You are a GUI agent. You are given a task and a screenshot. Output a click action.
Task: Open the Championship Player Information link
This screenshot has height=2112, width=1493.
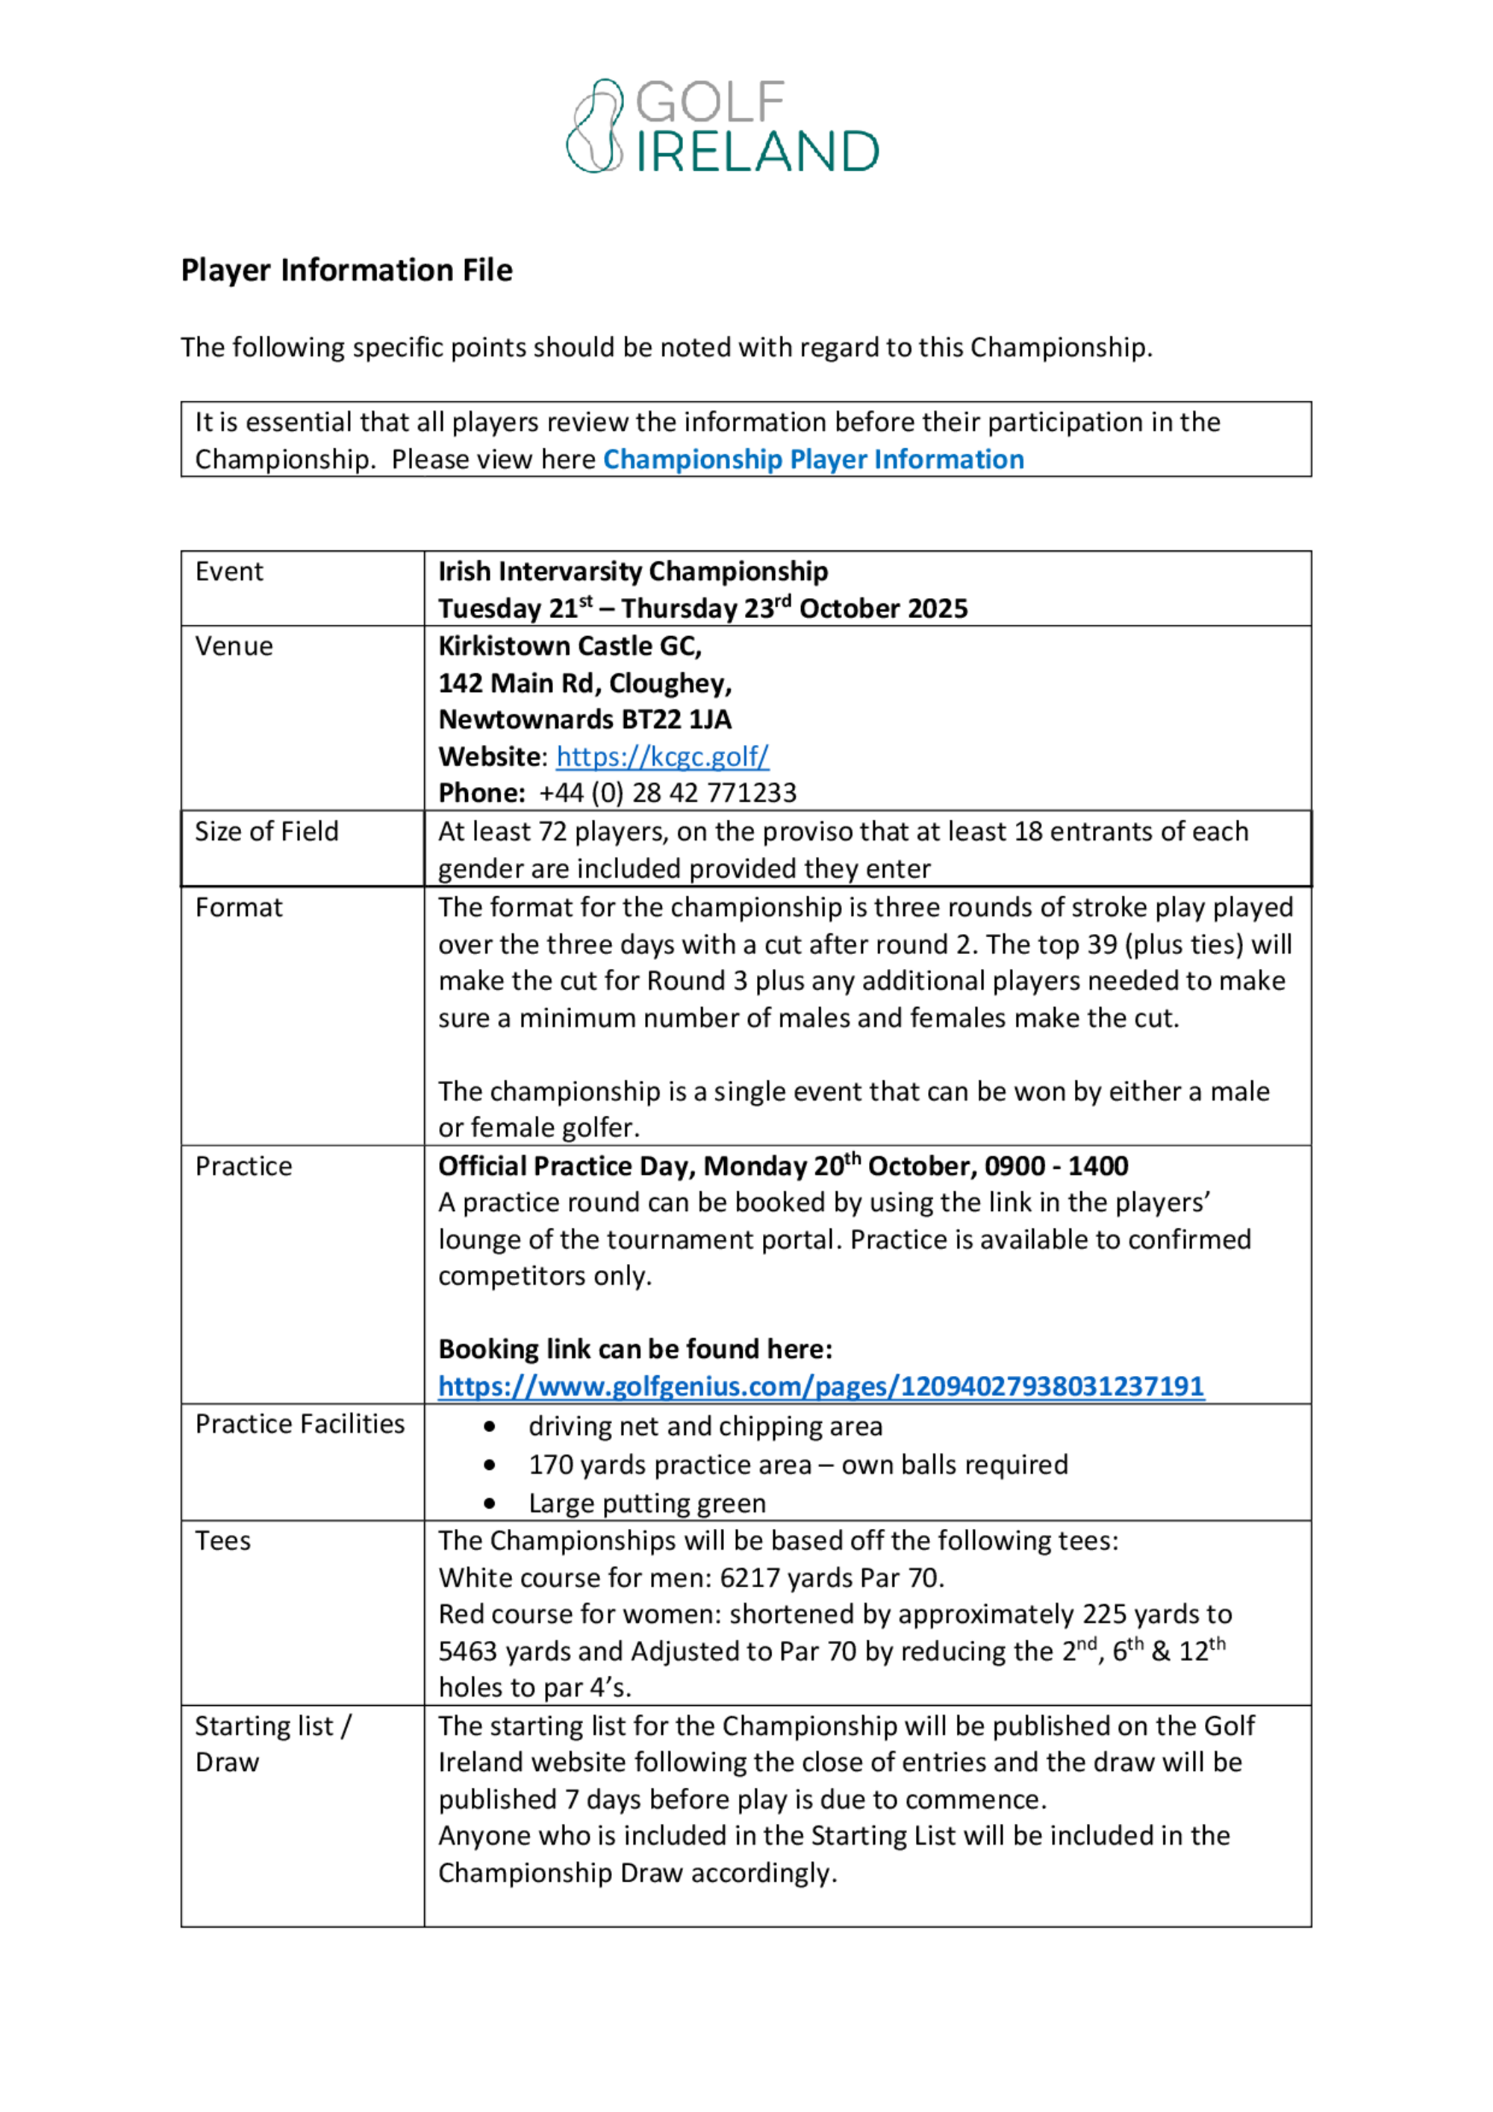point(812,459)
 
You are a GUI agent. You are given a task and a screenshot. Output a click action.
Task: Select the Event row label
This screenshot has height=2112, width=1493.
point(229,572)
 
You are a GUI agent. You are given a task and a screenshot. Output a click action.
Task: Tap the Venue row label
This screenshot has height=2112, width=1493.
point(234,647)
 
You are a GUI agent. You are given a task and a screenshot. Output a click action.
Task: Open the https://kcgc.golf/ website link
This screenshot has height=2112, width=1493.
point(662,756)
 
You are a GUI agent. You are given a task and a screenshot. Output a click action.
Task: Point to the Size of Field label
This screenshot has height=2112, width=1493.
point(267,832)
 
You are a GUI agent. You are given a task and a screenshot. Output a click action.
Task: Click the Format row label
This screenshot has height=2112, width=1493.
point(239,908)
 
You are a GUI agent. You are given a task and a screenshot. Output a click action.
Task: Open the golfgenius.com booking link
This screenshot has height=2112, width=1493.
point(820,1386)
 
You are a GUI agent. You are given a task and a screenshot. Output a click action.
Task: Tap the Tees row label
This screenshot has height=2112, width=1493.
point(222,1541)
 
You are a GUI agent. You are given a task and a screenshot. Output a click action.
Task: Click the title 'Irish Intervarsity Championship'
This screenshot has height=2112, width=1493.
point(633,572)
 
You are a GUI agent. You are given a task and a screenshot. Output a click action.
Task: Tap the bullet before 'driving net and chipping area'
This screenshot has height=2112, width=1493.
point(490,1427)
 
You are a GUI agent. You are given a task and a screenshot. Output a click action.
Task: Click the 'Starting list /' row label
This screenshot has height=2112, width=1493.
point(273,1727)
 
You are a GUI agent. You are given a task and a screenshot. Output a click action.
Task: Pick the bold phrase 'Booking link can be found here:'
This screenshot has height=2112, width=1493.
point(635,1350)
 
